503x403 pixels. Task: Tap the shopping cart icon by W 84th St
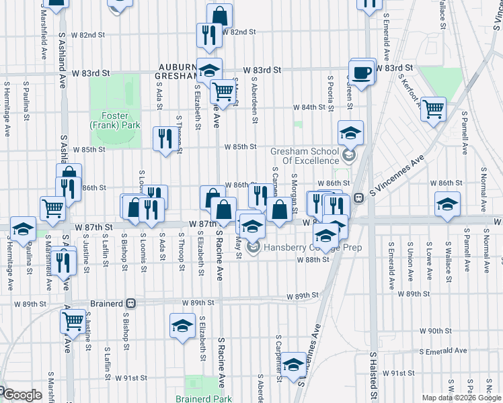(x=434, y=107)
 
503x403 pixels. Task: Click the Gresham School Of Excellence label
(x=305, y=156)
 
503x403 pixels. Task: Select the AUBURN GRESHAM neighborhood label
(x=178, y=72)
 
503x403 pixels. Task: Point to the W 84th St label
(x=309, y=107)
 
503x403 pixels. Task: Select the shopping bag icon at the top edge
(x=219, y=15)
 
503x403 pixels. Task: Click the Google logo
(x=22, y=395)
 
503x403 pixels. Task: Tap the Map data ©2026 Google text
(x=461, y=397)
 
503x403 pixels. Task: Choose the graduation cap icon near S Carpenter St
(x=293, y=365)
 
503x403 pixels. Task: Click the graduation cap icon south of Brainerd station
(x=182, y=326)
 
